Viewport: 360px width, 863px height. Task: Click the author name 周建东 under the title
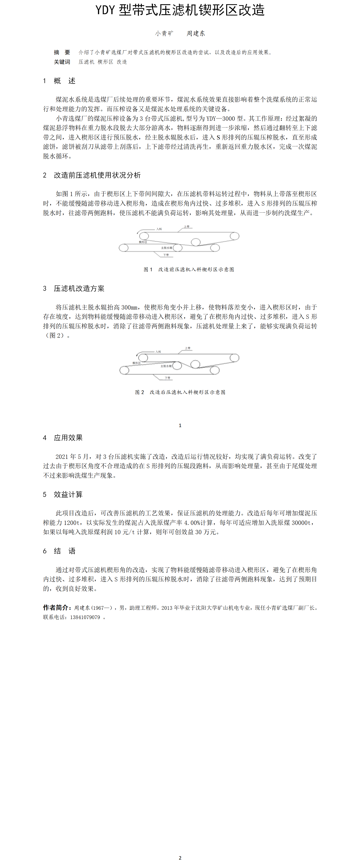(196, 33)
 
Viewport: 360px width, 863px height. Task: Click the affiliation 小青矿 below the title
(164, 33)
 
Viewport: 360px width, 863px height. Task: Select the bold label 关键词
(62, 62)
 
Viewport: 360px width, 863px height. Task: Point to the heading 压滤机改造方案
(79, 288)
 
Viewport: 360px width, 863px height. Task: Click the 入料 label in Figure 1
(159, 229)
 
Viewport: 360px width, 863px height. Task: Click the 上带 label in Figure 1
(187, 227)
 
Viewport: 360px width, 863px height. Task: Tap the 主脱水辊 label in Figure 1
(167, 248)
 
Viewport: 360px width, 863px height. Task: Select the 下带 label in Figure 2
(167, 378)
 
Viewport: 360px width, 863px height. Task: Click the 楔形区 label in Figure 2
(136, 363)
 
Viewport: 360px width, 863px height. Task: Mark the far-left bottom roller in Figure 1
(124, 248)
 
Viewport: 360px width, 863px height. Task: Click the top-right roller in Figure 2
(234, 358)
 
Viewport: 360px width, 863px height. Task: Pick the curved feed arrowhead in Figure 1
(138, 233)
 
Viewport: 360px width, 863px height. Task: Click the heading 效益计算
(68, 494)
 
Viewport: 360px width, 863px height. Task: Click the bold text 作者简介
(56, 608)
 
